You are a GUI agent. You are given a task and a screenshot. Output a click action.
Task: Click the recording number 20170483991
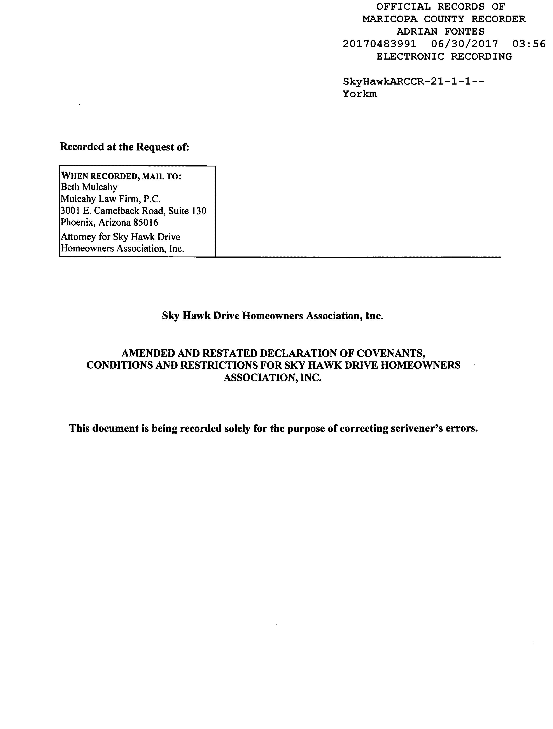[379, 44]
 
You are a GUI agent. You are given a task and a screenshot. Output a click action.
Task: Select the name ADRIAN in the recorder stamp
[417, 32]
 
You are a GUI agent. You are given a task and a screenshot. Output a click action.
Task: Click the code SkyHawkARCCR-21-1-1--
[413, 81]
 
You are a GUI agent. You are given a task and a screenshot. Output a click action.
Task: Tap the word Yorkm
[359, 94]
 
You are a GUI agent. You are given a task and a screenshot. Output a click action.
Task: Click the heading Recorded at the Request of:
[124, 147]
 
